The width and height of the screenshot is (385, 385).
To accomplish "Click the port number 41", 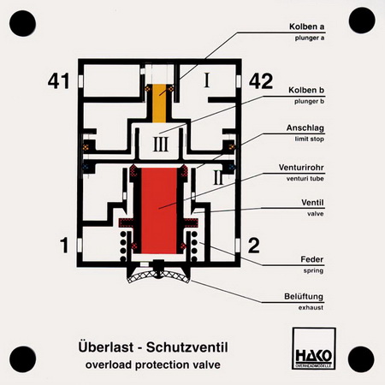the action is click(58, 81).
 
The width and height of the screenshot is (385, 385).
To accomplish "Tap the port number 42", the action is click(261, 81).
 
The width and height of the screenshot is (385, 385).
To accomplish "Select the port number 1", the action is click(64, 245).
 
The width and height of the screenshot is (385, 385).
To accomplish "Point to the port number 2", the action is click(253, 246).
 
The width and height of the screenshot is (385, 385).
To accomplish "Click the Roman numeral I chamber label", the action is click(207, 80).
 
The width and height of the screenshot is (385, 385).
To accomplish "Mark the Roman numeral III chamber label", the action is click(161, 144).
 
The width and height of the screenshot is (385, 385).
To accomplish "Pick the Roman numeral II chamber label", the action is click(218, 178).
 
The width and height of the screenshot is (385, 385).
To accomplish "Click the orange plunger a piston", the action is click(159, 104).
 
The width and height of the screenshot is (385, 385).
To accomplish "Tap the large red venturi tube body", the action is click(159, 210).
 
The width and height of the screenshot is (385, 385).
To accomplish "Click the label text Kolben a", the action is click(306, 27).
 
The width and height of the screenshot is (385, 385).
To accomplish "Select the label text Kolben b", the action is click(306, 90).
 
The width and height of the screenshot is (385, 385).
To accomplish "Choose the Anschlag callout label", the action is click(305, 128).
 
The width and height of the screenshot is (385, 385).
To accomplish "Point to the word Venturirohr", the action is click(301, 167).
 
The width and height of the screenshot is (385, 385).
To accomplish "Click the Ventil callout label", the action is click(312, 203).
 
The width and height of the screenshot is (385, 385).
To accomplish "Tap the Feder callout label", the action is click(312, 259).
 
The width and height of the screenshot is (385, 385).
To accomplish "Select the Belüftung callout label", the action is click(304, 296).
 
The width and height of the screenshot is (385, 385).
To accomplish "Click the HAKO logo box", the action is click(314, 348).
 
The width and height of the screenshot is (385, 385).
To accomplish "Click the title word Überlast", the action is click(106, 347).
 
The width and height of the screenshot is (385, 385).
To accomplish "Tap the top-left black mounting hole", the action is click(22, 23).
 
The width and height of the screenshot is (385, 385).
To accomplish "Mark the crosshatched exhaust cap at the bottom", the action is click(158, 276).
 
